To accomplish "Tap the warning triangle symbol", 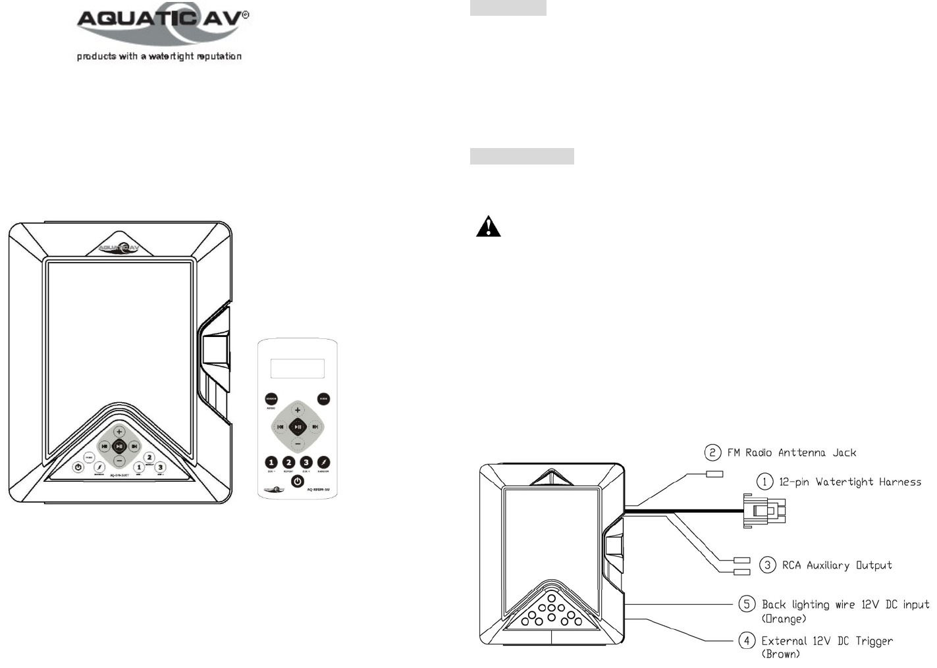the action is tap(488, 226).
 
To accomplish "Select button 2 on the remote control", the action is tap(288, 463).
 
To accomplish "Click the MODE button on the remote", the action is tap(323, 399).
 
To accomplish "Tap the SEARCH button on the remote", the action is tap(271, 399).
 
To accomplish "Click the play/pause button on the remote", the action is tap(298, 426).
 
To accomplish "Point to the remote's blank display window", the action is tap(298, 369).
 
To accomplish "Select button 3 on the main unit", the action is tap(160, 467).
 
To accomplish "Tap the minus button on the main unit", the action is tap(119, 461).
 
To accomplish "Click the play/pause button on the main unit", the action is tap(119, 446).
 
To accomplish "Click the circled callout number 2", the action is tap(712, 452).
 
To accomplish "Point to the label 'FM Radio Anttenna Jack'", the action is tap(791, 453).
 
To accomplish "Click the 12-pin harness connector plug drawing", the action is tap(764, 511).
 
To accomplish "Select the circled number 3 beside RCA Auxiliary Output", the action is tap(767, 565).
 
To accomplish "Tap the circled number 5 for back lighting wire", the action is tap(746, 604).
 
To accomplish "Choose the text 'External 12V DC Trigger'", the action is tap(827, 641).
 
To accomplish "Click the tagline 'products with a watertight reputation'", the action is tap(159, 57).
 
